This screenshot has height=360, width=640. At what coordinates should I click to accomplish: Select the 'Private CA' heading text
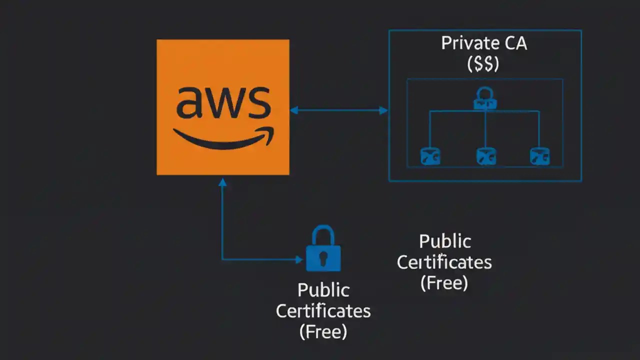click(x=484, y=43)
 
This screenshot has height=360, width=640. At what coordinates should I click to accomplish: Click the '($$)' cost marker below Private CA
click(x=483, y=64)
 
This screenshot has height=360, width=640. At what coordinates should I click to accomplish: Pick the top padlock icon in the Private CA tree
click(x=485, y=98)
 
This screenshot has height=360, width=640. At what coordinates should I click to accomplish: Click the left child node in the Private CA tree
click(x=430, y=156)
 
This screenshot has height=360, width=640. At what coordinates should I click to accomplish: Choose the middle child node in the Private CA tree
click(x=485, y=156)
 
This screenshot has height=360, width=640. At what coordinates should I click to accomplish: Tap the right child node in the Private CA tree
click(x=539, y=156)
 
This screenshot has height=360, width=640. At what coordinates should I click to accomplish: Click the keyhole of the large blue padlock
click(x=323, y=258)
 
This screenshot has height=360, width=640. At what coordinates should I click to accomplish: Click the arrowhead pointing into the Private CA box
click(x=383, y=110)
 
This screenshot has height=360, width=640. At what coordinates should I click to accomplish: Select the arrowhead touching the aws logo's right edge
click(x=294, y=110)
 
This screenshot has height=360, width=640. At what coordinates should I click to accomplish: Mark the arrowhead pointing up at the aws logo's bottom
click(x=223, y=182)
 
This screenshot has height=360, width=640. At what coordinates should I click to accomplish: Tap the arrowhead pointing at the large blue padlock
click(x=298, y=259)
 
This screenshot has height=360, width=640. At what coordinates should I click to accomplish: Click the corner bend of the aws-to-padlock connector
click(x=223, y=259)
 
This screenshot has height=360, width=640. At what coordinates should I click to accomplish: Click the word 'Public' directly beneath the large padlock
click(x=323, y=290)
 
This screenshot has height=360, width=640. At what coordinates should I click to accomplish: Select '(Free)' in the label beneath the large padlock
click(x=323, y=331)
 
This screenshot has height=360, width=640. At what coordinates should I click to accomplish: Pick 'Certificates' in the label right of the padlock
click(x=444, y=262)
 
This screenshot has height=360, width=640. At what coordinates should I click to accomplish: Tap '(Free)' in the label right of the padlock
click(x=444, y=282)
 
